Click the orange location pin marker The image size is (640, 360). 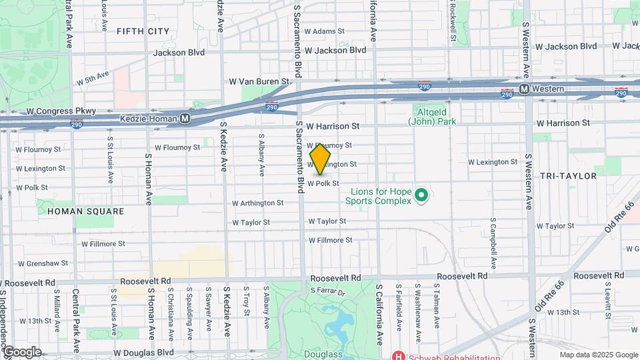[x=320, y=159]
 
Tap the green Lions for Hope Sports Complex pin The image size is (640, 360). [x=421, y=195]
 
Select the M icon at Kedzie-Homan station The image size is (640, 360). [x=185, y=119]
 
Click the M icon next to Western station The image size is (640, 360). [x=524, y=89]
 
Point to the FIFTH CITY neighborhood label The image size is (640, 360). [x=143, y=31]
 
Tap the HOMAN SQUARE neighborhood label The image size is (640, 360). [x=86, y=211]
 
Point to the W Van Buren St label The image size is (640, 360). [x=259, y=81]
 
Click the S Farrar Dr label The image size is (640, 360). [x=329, y=291]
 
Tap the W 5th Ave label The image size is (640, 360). [x=93, y=79]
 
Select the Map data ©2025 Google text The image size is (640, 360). [x=598, y=355]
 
